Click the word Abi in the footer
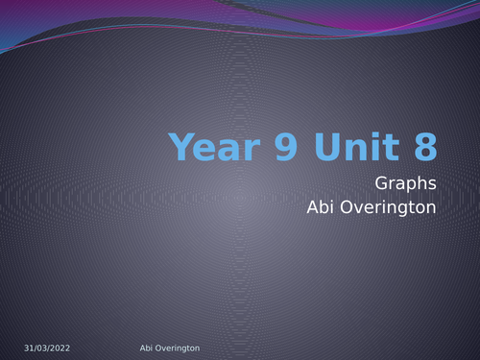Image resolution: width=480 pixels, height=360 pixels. pyautogui.click(x=134, y=348)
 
